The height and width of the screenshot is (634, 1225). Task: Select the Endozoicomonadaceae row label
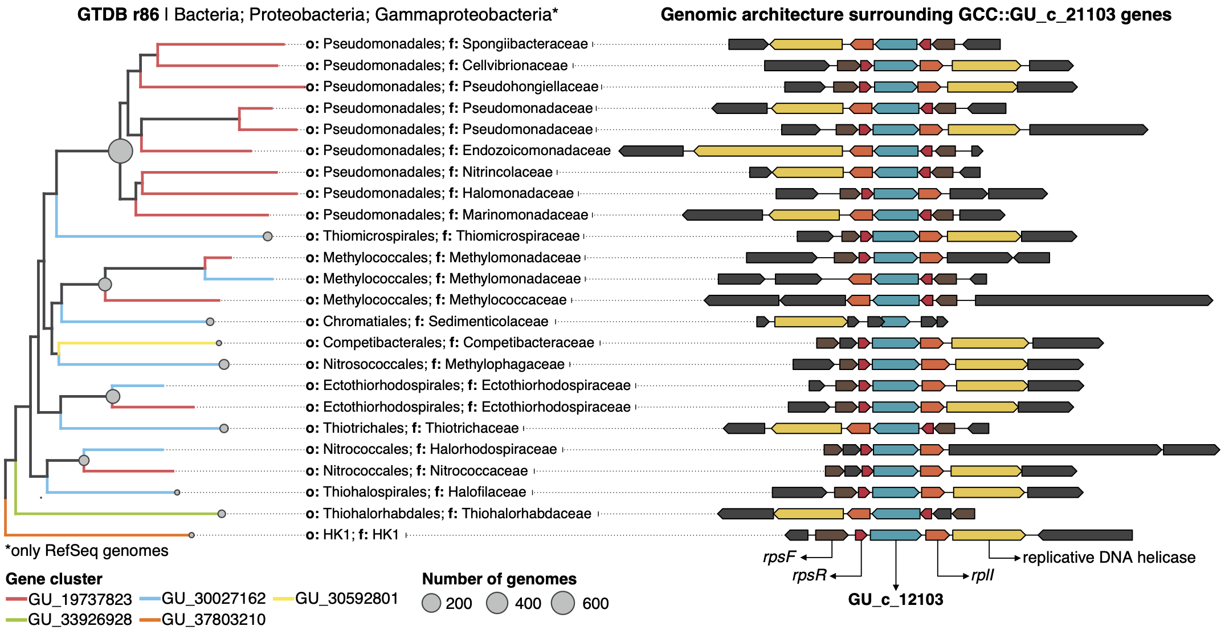coord(458,151)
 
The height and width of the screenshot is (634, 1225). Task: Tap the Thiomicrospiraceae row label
coord(443,236)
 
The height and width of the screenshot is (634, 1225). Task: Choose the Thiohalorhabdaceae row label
coord(448,514)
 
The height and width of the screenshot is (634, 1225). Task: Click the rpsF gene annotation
coord(779,557)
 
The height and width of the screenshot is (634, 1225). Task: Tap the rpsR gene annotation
coord(809,575)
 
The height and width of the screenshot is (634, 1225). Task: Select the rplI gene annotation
coord(983,575)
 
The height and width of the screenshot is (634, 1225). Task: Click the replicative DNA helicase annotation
coord(1109,557)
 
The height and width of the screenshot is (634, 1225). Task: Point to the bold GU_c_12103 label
coord(896,599)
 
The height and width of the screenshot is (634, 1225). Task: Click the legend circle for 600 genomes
coord(563,603)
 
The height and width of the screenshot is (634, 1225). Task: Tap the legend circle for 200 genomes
coord(431,603)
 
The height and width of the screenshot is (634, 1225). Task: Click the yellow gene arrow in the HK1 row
coord(989,535)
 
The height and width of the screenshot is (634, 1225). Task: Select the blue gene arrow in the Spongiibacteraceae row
coord(896,44)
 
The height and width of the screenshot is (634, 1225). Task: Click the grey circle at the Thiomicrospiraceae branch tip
coord(267,236)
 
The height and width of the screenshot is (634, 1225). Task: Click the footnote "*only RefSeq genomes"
coord(87,551)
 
